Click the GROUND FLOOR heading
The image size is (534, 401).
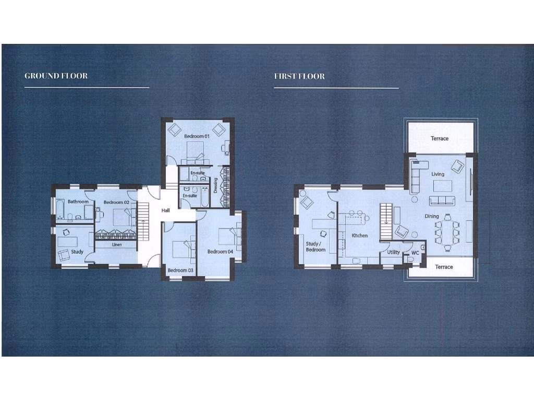click(x=56, y=76)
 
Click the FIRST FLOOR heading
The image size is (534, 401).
click(x=299, y=76)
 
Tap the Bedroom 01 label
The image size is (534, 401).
click(x=197, y=136)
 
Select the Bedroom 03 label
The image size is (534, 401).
click(x=180, y=270)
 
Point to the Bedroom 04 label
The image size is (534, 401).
click(x=220, y=252)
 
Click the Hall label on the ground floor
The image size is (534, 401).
click(x=166, y=210)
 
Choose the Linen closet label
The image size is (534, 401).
click(x=116, y=244)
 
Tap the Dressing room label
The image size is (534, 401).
click(x=216, y=185)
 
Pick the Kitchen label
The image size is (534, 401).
click(x=360, y=235)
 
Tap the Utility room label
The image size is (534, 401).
click(x=394, y=252)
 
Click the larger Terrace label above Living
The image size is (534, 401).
click(x=440, y=138)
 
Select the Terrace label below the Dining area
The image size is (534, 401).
click(x=444, y=267)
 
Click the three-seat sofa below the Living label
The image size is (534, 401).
click(x=442, y=201)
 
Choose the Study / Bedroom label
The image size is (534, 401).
click(x=315, y=246)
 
